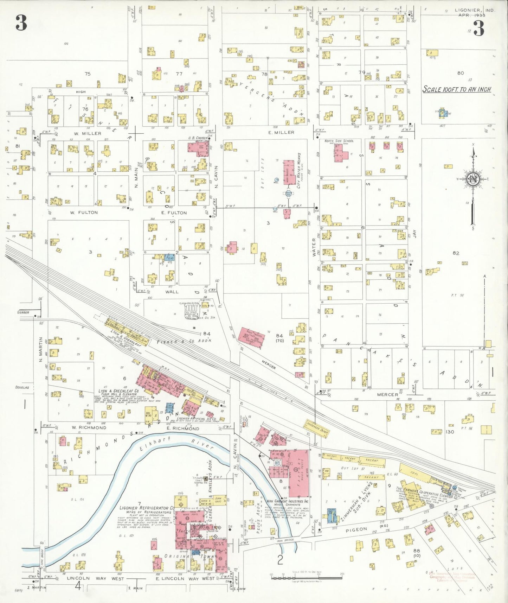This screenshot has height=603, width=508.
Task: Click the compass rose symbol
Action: pyautogui.click(x=473, y=179)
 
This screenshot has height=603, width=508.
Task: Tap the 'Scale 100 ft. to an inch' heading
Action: pyautogui.click(x=457, y=89)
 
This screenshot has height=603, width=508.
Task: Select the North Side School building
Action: pyautogui.click(x=340, y=153)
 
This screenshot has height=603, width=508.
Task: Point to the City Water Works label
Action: pyautogui.click(x=299, y=171)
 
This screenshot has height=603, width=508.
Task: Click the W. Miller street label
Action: pyautogui.click(x=88, y=133)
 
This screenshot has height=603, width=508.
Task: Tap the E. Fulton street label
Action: pyautogui.click(x=174, y=212)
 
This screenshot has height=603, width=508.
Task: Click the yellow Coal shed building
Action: pyautogui.click(x=415, y=474)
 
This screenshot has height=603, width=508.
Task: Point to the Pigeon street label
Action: pyautogui.click(x=356, y=529)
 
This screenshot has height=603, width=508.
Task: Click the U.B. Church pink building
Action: pyautogui.click(x=195, y=150)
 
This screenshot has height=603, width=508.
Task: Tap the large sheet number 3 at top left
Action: pyautogui.click(x=21, y=24)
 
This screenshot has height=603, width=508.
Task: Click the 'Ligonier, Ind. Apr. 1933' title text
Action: pyautogui.click(x=474, y=13)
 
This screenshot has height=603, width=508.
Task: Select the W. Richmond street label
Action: pyautogui.click(x=89, y=427)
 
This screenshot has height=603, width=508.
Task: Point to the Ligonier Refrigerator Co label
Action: pyautogui.click(x=147, y=508)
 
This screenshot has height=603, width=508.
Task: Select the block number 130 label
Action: pyautogui.click(x=450, y=432)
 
